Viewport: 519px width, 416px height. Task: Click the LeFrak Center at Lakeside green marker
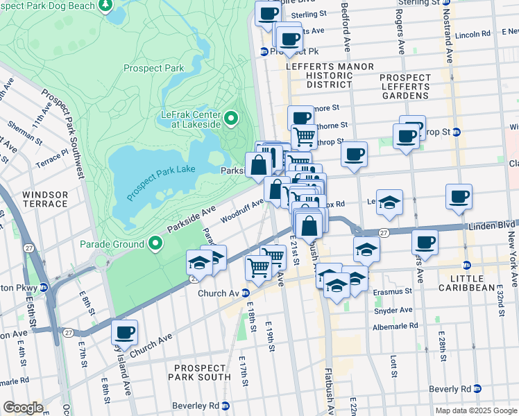pyautogui.click(x=230, y=119)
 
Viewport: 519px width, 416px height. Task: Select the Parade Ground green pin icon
pyautogui.click(x=155, y=243)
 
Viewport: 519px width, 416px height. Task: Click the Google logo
pyautogui.click(x=23, y=408)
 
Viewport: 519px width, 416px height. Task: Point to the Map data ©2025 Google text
pyautogui.click(x=475, y=410)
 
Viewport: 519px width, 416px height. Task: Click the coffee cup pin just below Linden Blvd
pyautogui.click(x=425, y=242)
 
